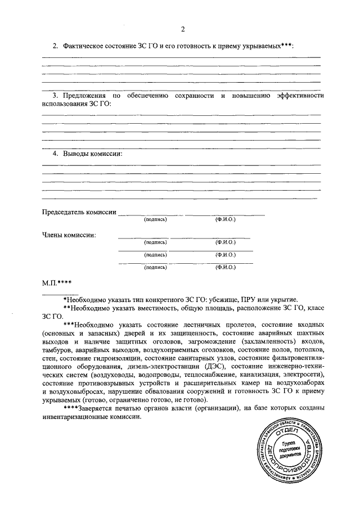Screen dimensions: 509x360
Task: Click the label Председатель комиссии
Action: click(79, 212)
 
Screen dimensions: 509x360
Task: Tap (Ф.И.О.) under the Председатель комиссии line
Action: click(225, 219)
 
